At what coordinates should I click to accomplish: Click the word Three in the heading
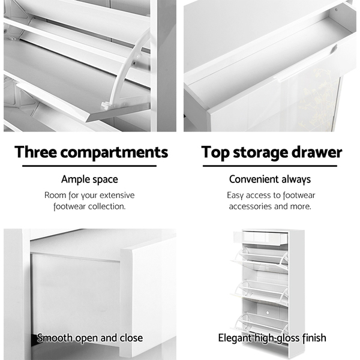tap(35, 152)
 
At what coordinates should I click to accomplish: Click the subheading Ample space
tap(89, 179)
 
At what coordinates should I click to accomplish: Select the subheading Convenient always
tap(270, 179)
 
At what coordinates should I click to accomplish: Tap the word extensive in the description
tap(117, 195)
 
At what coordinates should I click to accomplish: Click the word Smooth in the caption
tap(55, 338)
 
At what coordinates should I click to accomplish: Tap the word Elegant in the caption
tap(235, 338)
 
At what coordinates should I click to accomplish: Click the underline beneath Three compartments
tap(89, 166)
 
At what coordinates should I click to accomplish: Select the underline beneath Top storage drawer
tap(270, 166)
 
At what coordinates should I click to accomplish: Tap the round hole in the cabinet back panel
tap(268, 313)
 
